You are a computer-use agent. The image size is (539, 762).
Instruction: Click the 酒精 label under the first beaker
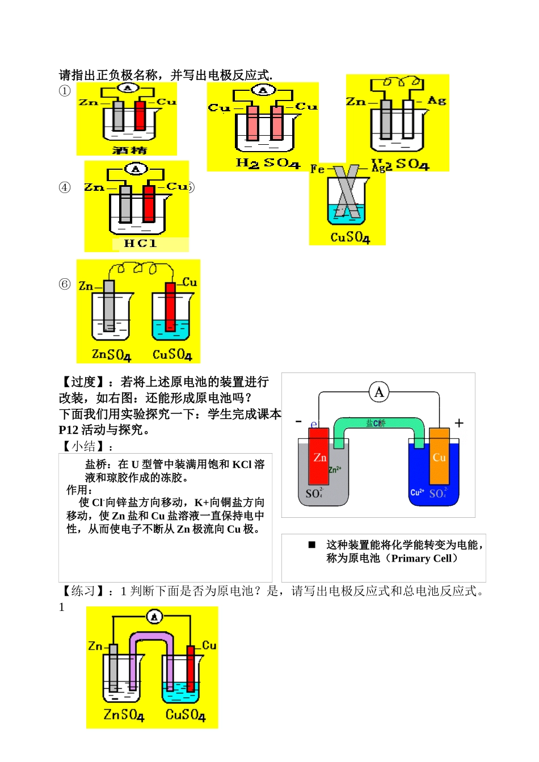tap(129, 150)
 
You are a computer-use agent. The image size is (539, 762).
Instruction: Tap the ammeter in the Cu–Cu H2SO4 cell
tap(263, 90)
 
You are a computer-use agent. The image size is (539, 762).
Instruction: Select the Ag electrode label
tap(436, 101)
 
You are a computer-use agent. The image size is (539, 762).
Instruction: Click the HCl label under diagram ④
tap(140, 244)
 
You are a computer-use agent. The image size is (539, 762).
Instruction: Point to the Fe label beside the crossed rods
tap(318, 169)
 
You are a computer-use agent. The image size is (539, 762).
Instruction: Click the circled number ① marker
tap(65, 91)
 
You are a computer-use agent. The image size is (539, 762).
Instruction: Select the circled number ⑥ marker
tap(65, 284)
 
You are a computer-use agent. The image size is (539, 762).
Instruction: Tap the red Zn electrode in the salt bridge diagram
tap(319, 457)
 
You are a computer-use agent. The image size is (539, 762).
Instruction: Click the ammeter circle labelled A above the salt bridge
tap(379, 392)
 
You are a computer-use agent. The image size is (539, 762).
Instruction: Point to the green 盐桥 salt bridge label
tap(376, 423)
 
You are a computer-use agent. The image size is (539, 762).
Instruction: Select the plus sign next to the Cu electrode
tap(459, 423)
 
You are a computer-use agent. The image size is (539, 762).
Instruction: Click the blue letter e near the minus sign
tap(313, 424)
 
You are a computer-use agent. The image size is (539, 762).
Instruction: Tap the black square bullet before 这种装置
tap(311, 545)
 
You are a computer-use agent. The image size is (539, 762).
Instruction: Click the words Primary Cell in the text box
tap(421, 558)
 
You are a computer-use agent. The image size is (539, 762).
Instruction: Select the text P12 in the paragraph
tap(69, 430)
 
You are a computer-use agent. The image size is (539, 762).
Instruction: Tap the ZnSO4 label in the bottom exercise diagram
tap(124, 714)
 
